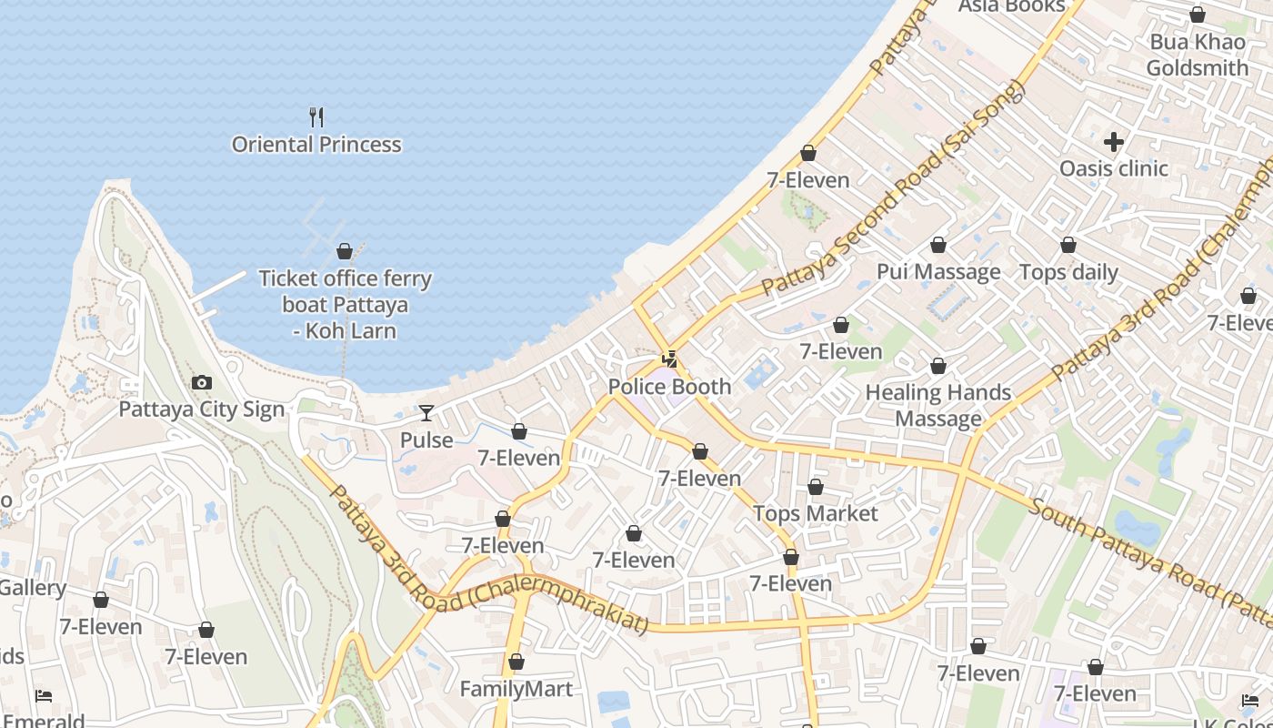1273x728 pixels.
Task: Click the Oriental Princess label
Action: click(x=316, y=145)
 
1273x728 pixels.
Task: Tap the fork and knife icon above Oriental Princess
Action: click(x=316, y=116)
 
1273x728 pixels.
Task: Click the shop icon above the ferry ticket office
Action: click(x=345, y=251)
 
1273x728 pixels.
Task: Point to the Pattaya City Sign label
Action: click(x=202, y=409)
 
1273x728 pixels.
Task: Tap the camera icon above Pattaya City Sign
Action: click(x=202, y=383)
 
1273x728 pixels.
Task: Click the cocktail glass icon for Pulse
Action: click(x=426, y=413)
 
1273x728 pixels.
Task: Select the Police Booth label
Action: click(x=669, y=387)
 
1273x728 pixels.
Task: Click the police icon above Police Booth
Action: click(x=669, y=359)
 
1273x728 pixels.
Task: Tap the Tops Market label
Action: click(x=816, y=513)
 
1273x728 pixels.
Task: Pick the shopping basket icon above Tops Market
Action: click(x=816, y=488)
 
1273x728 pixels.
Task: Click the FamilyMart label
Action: click(x=516, y=689)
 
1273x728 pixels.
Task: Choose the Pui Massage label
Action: click(x=938, y=272)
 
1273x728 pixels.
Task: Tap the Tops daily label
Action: click(x=1068, y=272)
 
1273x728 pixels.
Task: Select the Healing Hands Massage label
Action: click(x=938, y=405)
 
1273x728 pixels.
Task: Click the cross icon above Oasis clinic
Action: click(x=1114, y=142)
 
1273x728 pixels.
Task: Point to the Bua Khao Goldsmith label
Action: click(x=1198, y=55)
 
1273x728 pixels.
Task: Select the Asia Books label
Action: click(x=1012, y=7)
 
